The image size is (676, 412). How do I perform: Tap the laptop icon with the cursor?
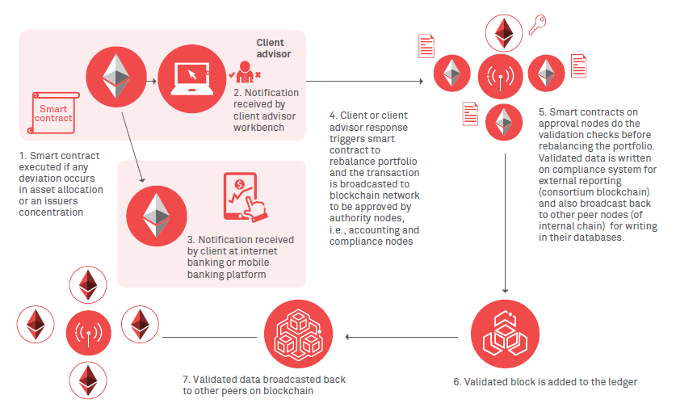(190, 74)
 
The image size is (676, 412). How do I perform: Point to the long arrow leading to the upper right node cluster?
(363, 81)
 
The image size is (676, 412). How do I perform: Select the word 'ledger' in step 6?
(622, 381)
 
